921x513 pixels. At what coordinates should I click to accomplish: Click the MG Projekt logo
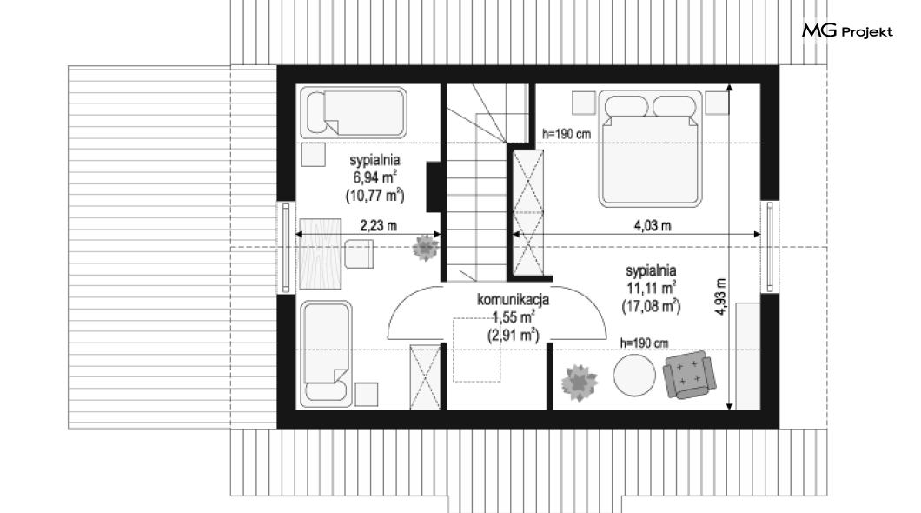coord(847,30)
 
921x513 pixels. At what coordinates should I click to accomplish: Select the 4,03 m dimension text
coord(653,225)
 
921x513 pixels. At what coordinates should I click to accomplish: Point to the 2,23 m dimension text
coord(378,225)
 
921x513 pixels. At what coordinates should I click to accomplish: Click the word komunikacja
coord(513,299)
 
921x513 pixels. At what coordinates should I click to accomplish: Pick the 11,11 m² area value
coord(651,288)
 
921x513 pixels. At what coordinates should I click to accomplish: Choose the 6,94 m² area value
coord(374,177)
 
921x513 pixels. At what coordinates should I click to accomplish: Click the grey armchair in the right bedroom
coord(690,375)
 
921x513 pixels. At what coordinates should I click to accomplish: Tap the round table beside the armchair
coord(634,376)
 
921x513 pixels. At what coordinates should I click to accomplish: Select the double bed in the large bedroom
coord(650,148)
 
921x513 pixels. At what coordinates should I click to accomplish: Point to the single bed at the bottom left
coord(326,354)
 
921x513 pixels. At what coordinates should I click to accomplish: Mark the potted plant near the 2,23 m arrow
coord(425,248)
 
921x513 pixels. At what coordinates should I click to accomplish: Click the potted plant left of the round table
coord(579,383)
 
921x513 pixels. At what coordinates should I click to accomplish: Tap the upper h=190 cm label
coord(567,134)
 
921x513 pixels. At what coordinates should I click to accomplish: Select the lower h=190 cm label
coord(645,343)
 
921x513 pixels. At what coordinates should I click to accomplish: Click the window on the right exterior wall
coord(770,247)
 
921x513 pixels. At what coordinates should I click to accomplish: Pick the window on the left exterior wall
coord(286,248)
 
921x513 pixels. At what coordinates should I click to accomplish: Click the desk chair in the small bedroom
coord(358,254)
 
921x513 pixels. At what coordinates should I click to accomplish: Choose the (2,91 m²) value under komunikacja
coord(513,336)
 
